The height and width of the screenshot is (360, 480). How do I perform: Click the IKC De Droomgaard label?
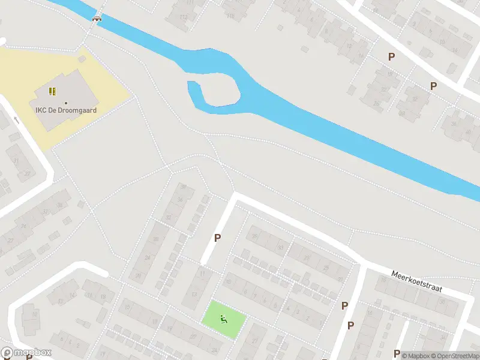[66, 110]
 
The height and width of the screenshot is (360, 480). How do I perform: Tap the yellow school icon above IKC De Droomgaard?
[53, 92]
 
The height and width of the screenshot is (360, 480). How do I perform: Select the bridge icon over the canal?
[96, 19]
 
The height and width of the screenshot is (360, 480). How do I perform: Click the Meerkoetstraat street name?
[416, 280]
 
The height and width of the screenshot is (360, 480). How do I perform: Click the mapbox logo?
[26, 353]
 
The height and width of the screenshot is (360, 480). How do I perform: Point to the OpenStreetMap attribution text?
[457, 356]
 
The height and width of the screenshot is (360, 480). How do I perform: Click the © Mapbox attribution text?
[419, 356]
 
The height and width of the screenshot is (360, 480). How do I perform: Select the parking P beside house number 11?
[217, 238]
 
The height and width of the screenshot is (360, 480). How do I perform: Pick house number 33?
[280, 247]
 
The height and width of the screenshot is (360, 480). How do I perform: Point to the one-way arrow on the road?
[16, 120]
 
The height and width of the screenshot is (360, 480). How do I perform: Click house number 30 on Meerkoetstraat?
[442, 301]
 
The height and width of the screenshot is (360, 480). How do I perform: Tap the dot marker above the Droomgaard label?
[66, 103]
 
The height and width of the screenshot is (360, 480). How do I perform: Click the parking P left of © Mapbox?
[397, 353]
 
